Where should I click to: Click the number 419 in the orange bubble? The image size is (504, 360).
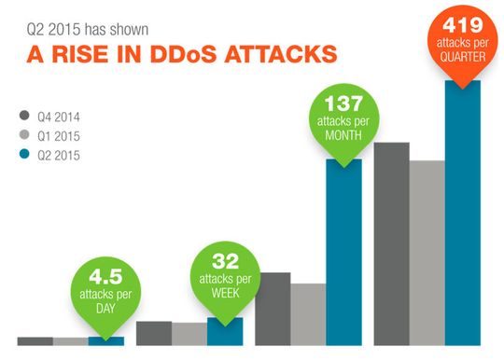463,24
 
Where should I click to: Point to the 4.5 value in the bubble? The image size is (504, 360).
105,277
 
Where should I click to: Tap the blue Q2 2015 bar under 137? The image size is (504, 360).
343,252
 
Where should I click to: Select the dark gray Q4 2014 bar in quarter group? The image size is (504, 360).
391,242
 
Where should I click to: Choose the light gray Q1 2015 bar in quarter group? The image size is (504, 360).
427,252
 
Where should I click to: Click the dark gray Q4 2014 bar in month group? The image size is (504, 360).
273,308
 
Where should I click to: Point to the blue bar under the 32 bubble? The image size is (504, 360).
225,331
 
